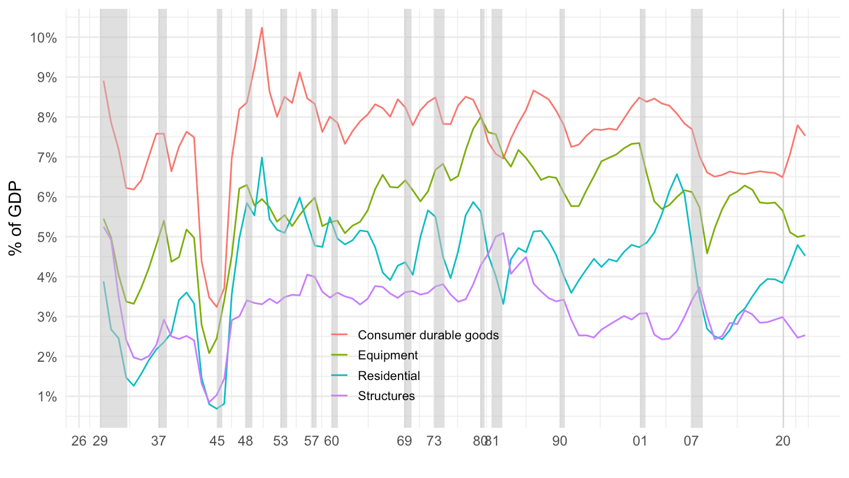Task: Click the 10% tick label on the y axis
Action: coord(43,38)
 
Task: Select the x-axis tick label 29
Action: coord(100,441)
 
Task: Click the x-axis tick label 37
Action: coord(158,441)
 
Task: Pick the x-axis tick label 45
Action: coord(217,441)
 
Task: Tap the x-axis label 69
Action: coord(404,441)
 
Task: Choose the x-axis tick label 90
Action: coord(560,441)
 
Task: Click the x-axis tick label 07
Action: coord(692,441)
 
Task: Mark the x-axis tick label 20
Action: coord(783,441)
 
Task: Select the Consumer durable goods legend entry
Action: coord(428,335)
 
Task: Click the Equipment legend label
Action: coord(387,355)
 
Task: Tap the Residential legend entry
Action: coord(389,376)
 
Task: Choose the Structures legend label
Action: coord(386,396)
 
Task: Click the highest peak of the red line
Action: coord(262,28)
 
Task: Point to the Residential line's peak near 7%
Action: coord(262,158)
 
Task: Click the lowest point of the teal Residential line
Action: coord(217,408)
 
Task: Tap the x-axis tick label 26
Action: coord(79,441)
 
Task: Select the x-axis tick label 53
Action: coord(282,441)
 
